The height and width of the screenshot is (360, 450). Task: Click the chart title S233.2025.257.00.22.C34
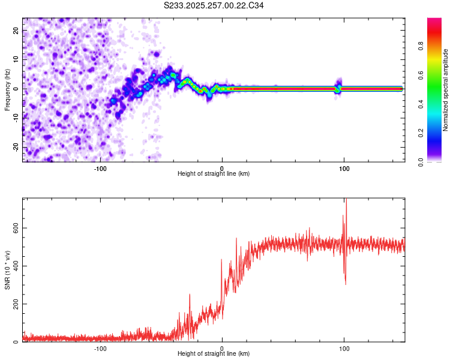tap(214, 5)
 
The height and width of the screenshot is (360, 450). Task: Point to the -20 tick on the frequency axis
tap(17, 147)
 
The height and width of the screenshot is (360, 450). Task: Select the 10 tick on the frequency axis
tap(17, 59)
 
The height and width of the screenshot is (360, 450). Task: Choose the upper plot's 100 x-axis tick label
tap(344, 169)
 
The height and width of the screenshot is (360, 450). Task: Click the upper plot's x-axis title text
tap(214, 174)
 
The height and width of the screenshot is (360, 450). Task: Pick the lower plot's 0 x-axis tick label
tap(222, 349)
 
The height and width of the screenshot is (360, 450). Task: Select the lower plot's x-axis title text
tap(214, 354)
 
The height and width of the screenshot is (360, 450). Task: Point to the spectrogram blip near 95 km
tap(338, 87)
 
